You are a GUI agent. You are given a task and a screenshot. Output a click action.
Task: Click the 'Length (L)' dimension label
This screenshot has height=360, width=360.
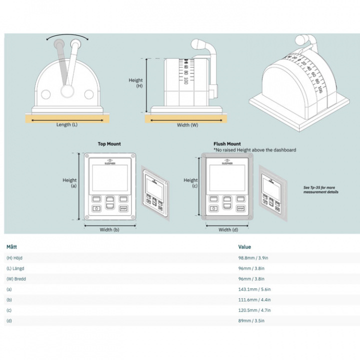[x=66, y=124]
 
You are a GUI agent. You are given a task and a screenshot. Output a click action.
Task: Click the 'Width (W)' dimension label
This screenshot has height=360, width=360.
[x=187, y=125]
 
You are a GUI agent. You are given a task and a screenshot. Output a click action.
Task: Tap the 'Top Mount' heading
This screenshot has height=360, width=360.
[x=109, y=144]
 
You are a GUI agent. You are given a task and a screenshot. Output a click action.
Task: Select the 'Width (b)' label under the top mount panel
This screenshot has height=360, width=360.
[x=109, y=230]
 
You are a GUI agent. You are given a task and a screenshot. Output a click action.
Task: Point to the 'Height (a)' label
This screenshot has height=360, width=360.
[x=69, y=183]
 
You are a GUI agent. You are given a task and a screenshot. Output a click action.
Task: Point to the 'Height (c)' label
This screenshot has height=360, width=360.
[x=191, y=183]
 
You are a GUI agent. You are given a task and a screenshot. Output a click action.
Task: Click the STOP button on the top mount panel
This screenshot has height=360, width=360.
[x=124, y=208]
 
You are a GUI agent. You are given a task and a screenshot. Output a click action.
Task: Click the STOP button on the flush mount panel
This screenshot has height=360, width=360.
[x=240, y=208]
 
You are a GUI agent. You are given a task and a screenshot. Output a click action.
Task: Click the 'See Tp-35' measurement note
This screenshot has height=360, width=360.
[x=320, y=189]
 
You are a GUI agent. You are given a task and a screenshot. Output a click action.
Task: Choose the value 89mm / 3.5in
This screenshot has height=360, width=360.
[x=251, y=320]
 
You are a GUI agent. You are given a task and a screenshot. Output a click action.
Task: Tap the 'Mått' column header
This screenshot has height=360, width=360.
[x=12, y=246]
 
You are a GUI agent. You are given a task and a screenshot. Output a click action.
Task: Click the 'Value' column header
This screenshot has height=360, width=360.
[x=245, y=246]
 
